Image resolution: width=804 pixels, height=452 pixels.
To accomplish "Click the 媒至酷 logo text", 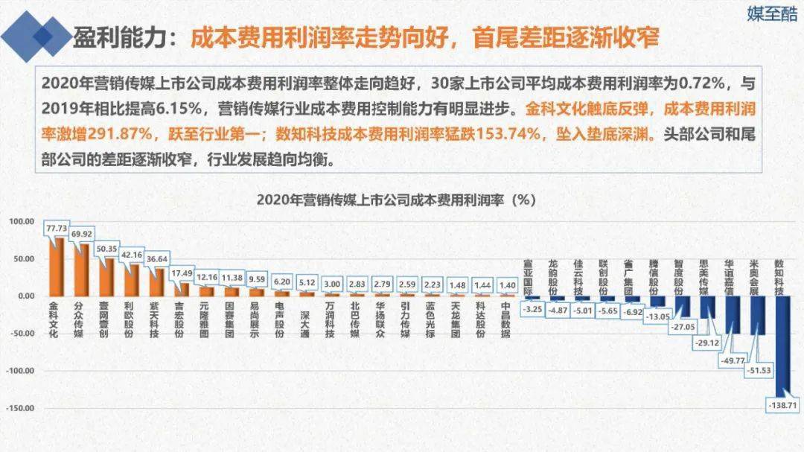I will (771, 14).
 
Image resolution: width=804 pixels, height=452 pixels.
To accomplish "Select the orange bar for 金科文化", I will (56, 267).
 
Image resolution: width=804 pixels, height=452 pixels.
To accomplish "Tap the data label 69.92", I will (82, 234).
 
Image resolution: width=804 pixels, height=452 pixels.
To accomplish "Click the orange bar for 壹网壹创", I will (106, 277).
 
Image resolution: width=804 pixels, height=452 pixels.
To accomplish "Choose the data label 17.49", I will (182, 273).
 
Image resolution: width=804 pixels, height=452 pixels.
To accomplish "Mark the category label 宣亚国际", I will (529, 277).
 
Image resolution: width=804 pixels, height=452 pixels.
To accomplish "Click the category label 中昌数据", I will (505, 319).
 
